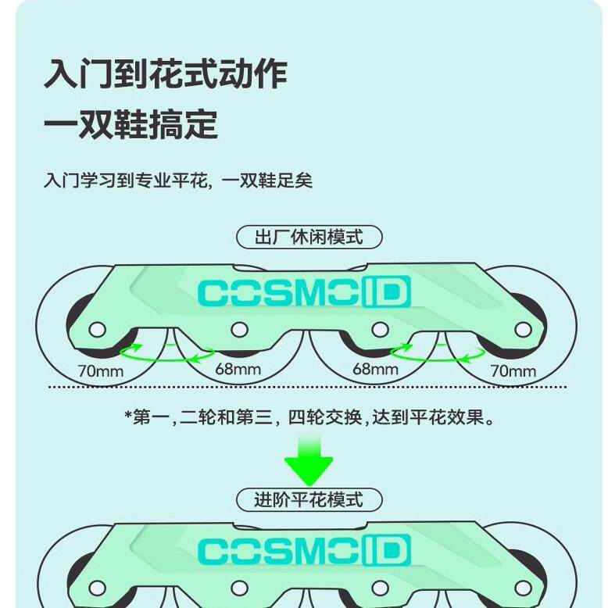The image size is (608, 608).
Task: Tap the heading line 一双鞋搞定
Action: [x=131, y=124]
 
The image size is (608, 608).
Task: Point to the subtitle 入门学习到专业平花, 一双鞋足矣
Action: [x=177, y=181]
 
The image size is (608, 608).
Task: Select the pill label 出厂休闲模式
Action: [x=309, y=237]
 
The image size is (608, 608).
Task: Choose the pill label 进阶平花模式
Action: [x=309, y=499]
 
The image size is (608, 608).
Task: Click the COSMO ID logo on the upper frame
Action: [x=304, y=293]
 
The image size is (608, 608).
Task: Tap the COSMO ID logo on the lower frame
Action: [x=304, y=552]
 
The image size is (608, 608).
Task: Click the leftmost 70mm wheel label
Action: [x=100, y=370]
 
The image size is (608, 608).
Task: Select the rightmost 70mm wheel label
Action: [x=513, y=370]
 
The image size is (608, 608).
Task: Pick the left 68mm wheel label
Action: [x=238, y=369]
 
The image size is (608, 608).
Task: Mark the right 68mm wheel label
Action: [x=375, y=369]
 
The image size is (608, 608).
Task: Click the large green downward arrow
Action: [x=308, y=461]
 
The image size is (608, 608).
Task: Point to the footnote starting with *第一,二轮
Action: [x=310, y=417]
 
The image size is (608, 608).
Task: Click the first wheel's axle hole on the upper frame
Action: [x=98, y=330]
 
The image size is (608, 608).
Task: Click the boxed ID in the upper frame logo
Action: [x=386, y=293]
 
